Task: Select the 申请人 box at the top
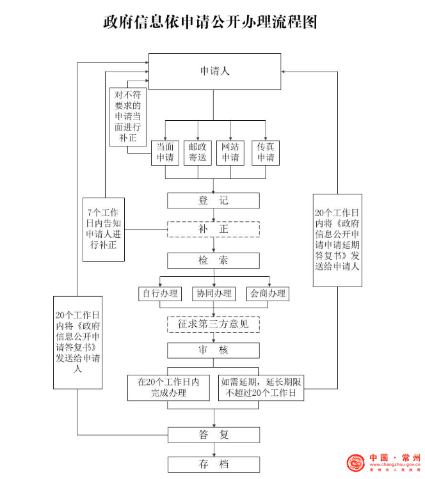pos(214,71)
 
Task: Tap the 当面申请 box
pos(164,152)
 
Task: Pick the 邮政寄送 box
pos(198,152)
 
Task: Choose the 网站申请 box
pos(230,152)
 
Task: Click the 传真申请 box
pos(266,152)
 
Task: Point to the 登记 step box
pos(213,200)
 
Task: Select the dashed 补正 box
pos(213,229)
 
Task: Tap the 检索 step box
pos(213,260)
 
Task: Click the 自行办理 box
pos(160,294)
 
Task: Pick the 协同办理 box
pos(214,294)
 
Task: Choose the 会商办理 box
pos(268,294)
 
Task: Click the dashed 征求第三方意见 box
pos(213,324)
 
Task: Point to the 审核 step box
pos(213,350)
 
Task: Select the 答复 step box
pos(213,435)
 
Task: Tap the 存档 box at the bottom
pos(213,464)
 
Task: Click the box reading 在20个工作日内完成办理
pos(168,388)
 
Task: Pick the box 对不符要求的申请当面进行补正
pos(127,117)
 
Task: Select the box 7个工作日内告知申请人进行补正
pos(104,230)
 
